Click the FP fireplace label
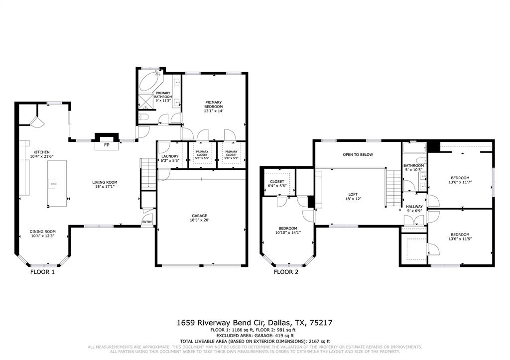[107, 145]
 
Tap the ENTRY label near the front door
[147, 222]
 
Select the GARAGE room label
[200, 218]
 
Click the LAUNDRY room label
[169, 158]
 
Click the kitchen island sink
[52, 184]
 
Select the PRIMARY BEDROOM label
[213, 107]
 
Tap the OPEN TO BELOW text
[358, 155]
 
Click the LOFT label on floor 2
[354, 196]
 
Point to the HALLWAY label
[414, 209]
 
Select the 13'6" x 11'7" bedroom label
[460, 180]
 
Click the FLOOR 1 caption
[43, 272]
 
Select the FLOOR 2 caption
[286, 272]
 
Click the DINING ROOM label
[42, 234]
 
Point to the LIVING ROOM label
[105, 185]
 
